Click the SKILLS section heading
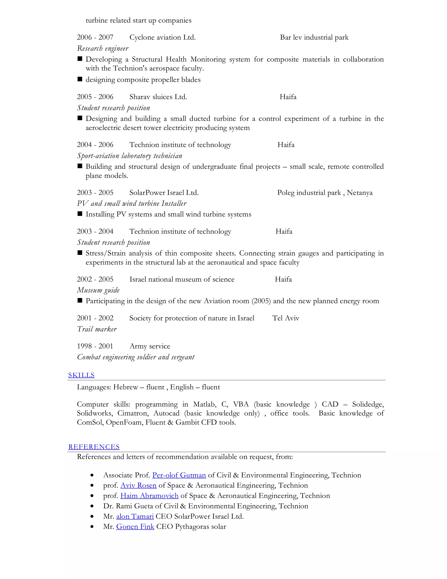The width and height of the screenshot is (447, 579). pos(81,375)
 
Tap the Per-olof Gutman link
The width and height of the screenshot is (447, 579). pos(179,475)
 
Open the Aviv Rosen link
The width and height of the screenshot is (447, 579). pos(139,485)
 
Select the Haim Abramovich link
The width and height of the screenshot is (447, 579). pos(149,496)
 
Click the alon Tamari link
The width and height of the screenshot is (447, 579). pos(135,517)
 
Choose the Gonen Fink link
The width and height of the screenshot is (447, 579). pos(135,527)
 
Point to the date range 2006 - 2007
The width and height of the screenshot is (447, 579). pos(95,37)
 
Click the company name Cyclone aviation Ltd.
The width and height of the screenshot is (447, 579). pos(162,37)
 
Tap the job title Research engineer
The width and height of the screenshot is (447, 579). pos(103,49)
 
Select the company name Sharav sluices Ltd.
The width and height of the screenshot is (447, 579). pos(158,97)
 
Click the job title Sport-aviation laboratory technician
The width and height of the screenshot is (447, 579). pos(129,156)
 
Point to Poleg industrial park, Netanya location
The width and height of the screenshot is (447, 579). pos(325,193)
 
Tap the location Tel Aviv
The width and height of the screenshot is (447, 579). pos(286,318)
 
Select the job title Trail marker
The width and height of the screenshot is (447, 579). pos(97,329)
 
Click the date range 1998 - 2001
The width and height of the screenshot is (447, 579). pos(95,346)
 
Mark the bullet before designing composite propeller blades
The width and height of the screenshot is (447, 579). pos(80,79)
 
